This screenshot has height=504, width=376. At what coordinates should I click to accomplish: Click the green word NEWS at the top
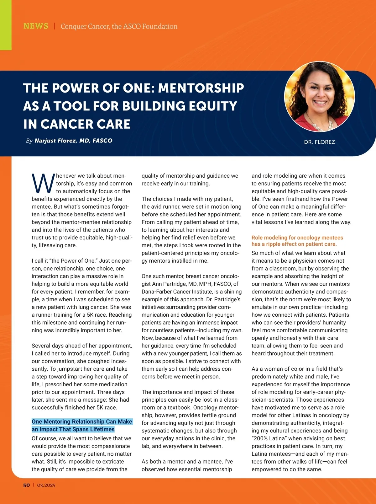36,26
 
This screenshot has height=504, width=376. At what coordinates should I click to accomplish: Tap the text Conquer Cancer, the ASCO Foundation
119,26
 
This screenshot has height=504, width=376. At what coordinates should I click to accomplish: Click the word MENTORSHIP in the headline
201,88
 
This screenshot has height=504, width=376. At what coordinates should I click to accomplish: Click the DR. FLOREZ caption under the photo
319,142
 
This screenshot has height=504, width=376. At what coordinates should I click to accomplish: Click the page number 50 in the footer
26,485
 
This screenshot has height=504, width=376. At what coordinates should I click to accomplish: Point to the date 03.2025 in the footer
46,485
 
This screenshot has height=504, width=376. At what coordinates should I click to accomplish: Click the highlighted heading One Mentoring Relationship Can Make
82,421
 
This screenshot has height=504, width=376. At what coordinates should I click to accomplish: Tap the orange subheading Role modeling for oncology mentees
297,238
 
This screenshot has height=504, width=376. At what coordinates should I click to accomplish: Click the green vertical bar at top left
6,25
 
